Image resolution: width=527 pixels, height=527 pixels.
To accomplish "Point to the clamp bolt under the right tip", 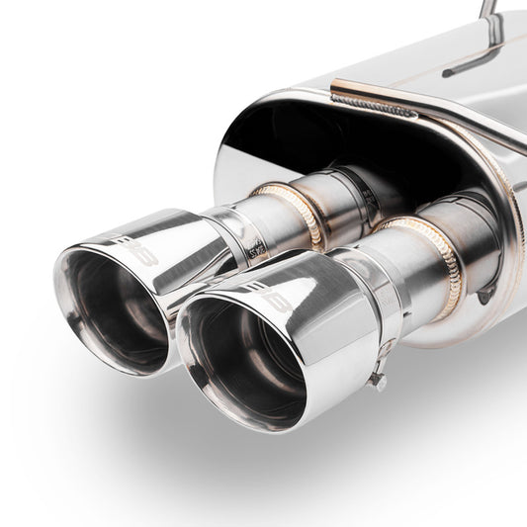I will [376, 381].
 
